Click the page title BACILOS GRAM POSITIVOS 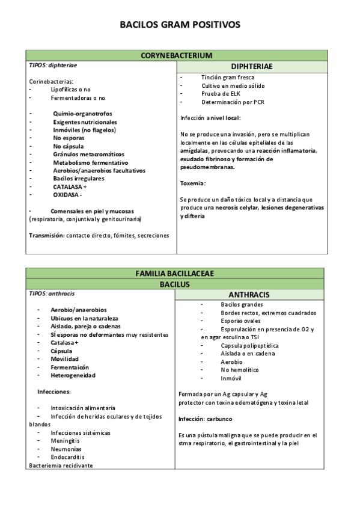tap(180, 25)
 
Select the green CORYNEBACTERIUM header tap(177, 55)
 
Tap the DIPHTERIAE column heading tap(252, 66)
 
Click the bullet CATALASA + tap(70, 186)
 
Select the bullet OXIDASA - tap(67, 195)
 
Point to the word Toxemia tap(193, 183)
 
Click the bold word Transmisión tap(47, 235)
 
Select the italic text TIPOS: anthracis tap(52, 293)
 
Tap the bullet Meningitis tap(66, 440)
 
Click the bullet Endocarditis tap(68, 456)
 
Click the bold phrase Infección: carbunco tap(205, 418)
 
